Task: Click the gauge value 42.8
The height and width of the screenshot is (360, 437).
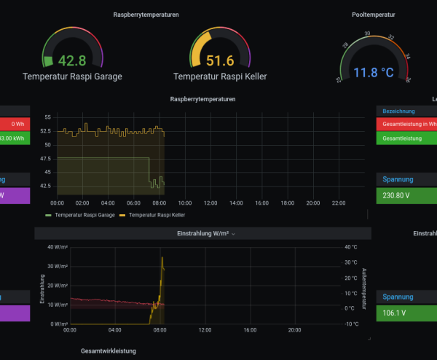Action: (x=72, y=60)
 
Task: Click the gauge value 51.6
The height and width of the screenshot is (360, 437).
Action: (x=219, y=60)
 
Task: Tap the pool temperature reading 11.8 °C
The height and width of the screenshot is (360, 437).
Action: (x=374, y=72)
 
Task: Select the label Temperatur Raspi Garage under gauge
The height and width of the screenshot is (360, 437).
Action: (x=72, y=76)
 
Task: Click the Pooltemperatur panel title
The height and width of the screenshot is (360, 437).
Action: (x=374, y=14)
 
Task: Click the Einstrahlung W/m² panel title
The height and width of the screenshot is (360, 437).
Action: (x=203, y=233)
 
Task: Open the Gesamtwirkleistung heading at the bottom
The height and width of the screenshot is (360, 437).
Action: (x=108, y=351)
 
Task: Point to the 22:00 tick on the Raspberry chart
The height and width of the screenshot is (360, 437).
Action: (x=338, y=203)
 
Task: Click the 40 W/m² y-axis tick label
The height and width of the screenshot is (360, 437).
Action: (x=57, y=247)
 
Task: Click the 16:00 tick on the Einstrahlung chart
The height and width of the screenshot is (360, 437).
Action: (x=251, y=330)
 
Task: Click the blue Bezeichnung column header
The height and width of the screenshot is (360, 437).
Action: (x=398, y=111)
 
